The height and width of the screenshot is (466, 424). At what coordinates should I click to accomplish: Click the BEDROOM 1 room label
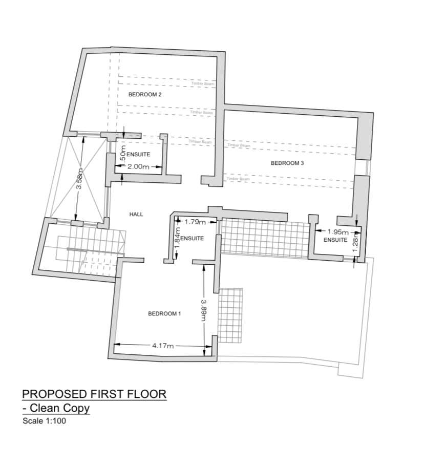164,314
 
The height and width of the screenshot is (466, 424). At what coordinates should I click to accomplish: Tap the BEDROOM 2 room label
145,95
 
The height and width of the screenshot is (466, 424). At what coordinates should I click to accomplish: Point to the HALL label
136,215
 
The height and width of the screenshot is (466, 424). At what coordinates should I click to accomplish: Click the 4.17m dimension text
163,346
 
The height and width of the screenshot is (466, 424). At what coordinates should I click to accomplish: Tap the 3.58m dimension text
79,180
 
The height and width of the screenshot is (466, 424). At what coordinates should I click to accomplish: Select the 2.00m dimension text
138,166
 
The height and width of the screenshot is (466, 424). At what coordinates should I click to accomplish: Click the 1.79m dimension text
194,222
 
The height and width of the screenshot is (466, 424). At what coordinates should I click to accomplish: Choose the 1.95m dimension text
337,232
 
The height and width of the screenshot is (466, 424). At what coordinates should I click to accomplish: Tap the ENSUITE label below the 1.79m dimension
193,239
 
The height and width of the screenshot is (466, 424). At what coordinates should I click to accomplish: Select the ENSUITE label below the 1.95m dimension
335,240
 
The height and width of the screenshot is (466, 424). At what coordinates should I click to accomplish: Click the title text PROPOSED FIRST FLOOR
94,394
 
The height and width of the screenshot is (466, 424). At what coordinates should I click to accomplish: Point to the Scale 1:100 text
44,421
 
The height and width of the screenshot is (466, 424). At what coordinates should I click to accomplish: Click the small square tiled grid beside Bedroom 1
230,315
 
